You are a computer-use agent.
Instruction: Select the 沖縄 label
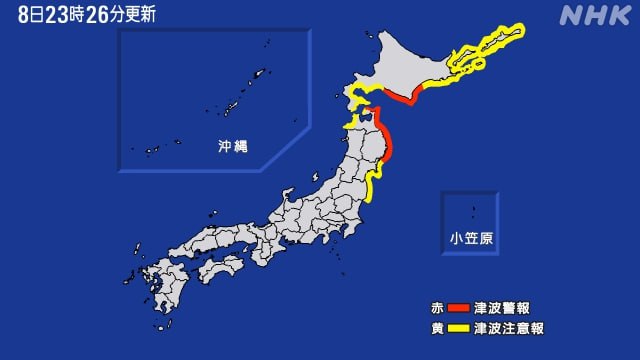coord(233,146)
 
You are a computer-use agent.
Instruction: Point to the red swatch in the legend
coord(458,307)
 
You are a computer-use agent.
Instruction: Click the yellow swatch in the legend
coord(458,328)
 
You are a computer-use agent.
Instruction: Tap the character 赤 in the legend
coord(437,307)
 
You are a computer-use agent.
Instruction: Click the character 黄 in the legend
coord(437,328)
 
